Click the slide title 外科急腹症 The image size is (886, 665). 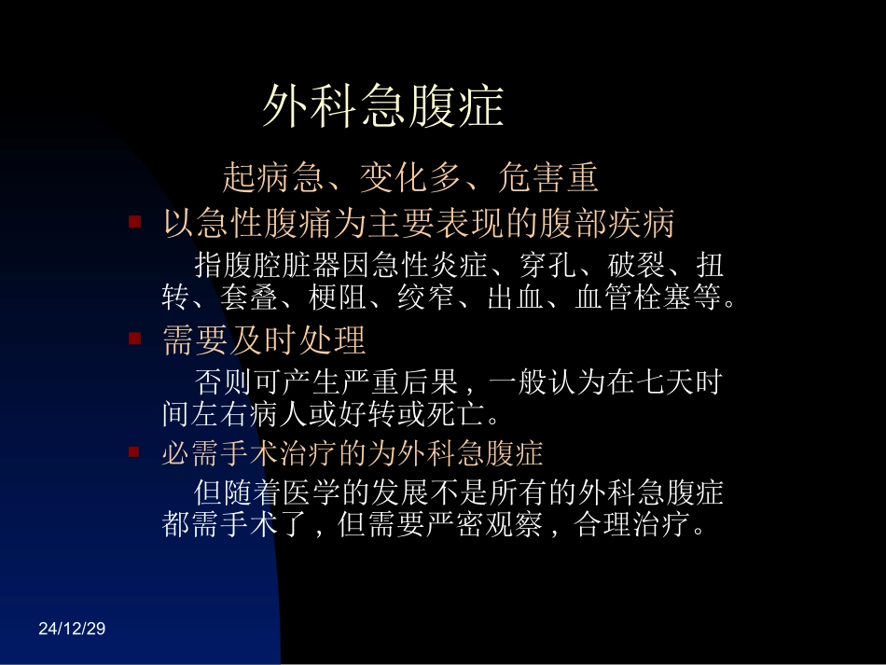point(383,106)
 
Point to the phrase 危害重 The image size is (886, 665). point(548,175)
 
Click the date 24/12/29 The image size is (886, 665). point(73,630)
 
